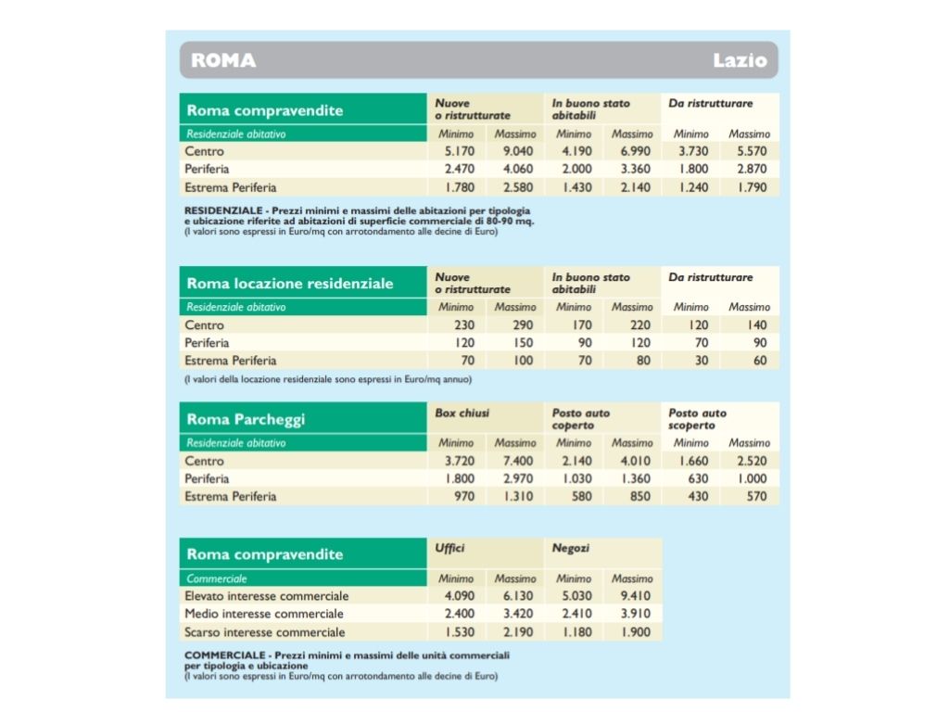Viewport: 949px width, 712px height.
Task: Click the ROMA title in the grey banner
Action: point(223,60)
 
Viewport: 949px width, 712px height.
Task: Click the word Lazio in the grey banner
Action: point(740,60)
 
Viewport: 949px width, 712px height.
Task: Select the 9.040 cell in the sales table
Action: point(518,151)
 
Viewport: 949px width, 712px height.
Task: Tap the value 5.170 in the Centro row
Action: point(460,151)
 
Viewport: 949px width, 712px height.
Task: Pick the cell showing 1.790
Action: point(753,187)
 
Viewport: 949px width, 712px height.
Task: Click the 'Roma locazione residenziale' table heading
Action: point(290,284)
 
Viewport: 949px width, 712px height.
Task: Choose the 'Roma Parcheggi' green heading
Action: point(246,419)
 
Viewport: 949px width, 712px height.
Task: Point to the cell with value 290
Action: point(523,325)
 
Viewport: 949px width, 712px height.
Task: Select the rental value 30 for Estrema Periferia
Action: point(702,361)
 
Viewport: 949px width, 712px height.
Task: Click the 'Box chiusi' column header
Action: point(462,413)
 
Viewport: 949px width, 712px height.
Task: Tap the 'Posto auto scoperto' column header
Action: point(697,419)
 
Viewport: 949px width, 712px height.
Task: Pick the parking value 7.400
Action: point(518,461)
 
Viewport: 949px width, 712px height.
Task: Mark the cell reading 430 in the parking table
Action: point(698,497)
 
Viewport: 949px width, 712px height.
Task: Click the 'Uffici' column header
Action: point(449,548)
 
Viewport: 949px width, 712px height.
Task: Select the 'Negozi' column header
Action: point(570,548)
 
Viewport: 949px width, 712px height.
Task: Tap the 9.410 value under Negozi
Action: point(636,596)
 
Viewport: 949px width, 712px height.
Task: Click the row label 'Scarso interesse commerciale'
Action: point(264,632)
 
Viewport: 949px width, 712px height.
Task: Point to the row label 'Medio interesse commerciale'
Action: point(264,614)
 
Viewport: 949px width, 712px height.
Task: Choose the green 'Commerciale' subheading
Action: point(217,578)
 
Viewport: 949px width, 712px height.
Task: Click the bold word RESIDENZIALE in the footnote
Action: point(223,210)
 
